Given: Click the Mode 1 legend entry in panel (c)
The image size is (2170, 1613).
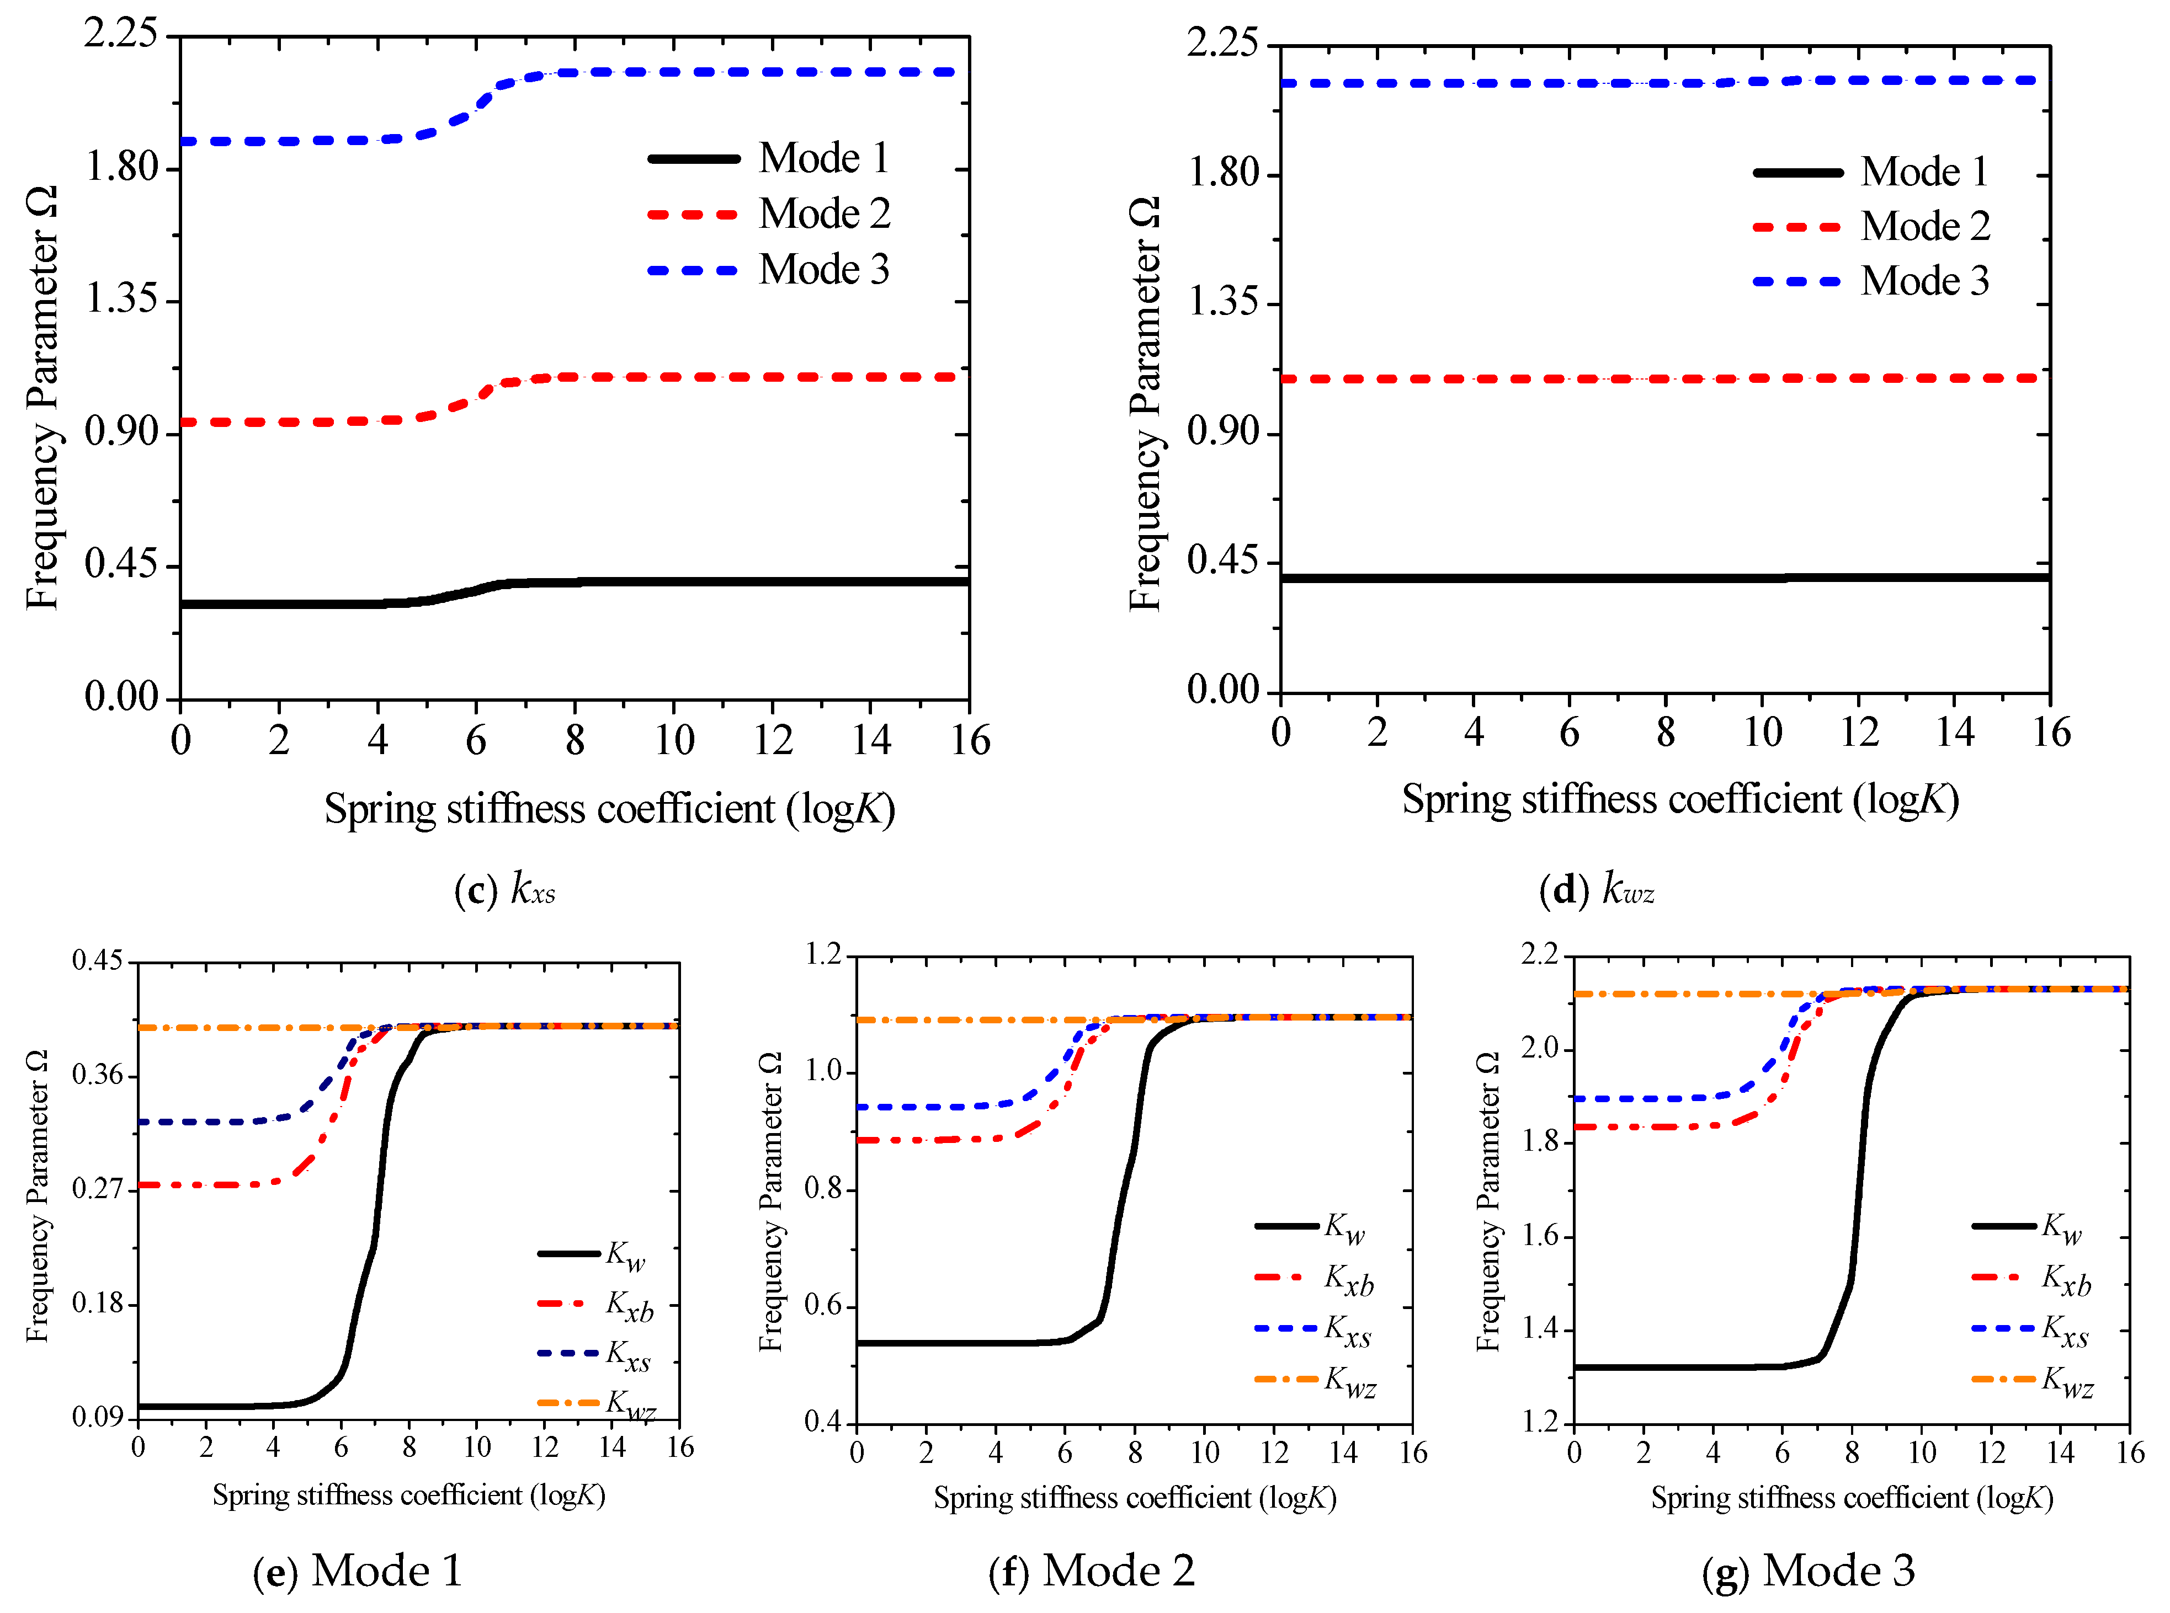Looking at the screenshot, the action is pos(769,158).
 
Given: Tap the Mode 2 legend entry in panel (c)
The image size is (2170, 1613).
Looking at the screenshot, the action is pos(769,214).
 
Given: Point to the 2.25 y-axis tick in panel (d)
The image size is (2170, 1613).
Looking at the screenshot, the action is pos(1224,43).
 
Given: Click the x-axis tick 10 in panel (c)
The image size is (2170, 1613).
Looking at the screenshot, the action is pos(674,740).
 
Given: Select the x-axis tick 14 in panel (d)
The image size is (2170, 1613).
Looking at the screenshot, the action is pos(1955,732).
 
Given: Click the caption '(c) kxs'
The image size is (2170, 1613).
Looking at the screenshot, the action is pos(505,889).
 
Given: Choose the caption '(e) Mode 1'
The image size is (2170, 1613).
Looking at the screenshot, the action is pos(358,1571).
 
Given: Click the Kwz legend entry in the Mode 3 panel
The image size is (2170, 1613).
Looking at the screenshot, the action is pos(2032,1381).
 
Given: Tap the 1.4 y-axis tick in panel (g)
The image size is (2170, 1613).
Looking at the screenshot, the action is pos(1540,1330).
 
